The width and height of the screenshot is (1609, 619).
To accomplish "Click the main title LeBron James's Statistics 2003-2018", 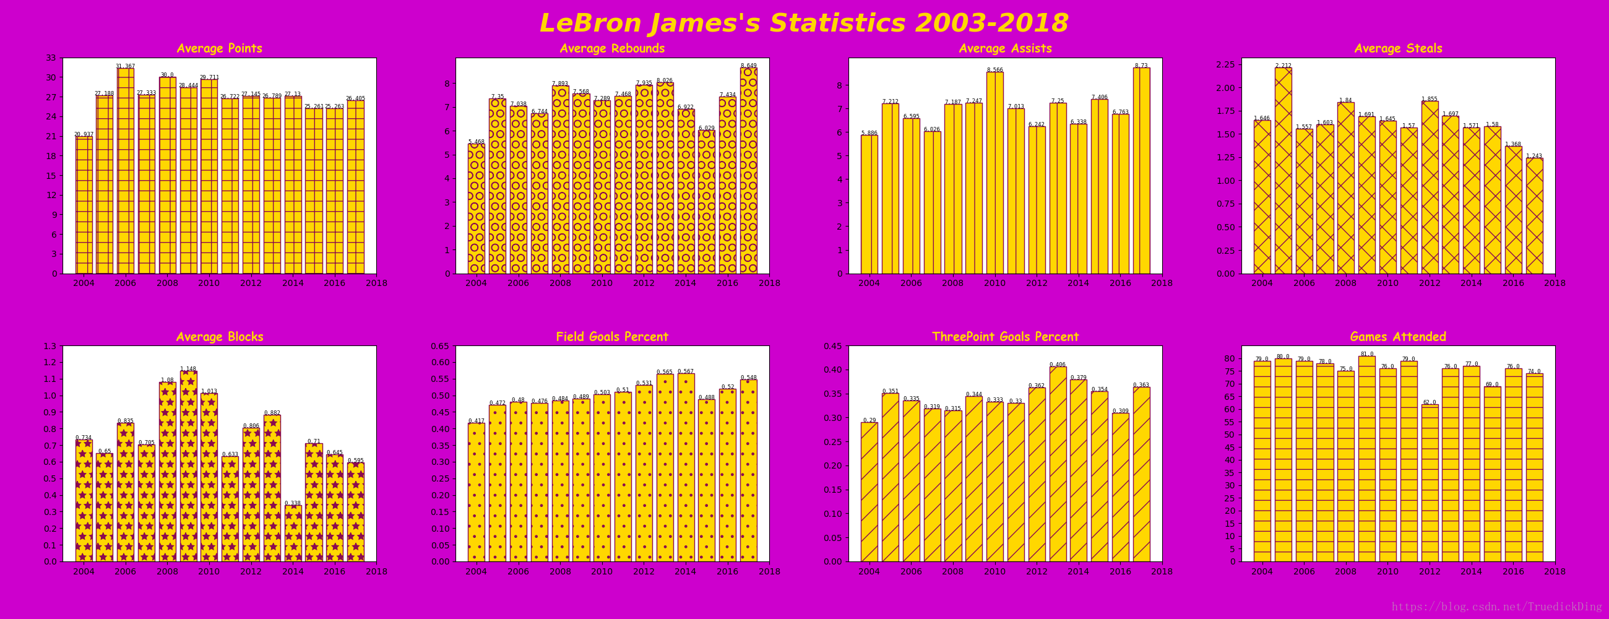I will click(804, 24).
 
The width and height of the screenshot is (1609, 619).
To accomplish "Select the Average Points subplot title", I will click(219, 48).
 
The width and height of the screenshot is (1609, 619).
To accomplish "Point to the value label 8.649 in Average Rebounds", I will click(748, 66).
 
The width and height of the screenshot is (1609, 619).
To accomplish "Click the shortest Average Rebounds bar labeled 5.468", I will click(476, 209).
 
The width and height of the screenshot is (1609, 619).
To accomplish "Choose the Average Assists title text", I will click(1005, 48).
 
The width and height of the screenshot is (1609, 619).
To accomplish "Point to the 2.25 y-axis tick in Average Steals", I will click(1225, 64).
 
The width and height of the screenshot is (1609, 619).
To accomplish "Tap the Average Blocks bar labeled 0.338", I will click(293, 534).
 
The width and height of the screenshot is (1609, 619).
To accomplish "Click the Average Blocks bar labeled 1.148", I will click(189, 466).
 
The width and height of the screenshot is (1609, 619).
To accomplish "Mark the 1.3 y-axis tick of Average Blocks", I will click(50, 346).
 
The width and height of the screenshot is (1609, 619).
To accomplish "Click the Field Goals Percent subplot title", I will click(612, 337).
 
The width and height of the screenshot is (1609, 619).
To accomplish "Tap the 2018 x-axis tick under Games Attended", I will click(1555, 571).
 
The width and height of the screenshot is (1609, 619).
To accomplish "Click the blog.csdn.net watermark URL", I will click(1496, 607).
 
